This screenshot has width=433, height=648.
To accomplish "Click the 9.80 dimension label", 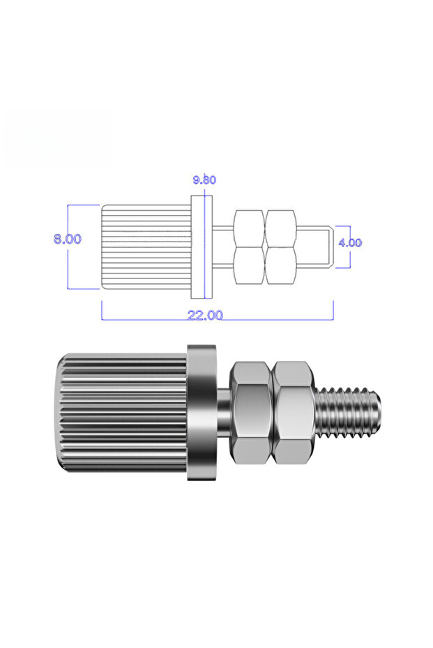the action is click(x=204, y=180).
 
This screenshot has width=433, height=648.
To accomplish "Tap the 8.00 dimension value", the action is click(x=68, y=239).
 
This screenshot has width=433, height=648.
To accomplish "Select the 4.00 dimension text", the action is click(x=350, y=243).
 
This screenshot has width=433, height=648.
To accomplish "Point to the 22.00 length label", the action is click(x=205, y=315).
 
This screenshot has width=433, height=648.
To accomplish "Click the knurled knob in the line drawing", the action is click(x=147, y=246).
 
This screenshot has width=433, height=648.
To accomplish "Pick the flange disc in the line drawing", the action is click(x=202, y=247).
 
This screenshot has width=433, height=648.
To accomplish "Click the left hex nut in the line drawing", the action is click(x=249, y=247).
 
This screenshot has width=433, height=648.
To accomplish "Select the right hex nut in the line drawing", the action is click(x=280, y=247).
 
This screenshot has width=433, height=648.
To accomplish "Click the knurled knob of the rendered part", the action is click(x=121, y=412).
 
